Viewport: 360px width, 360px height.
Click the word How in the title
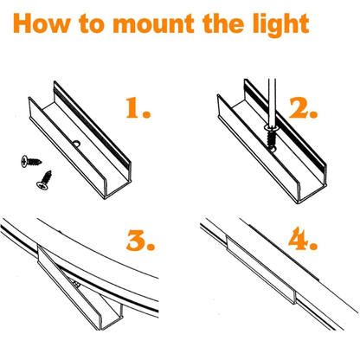(x=42, y=23)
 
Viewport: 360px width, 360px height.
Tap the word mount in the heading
(x=153, y=23)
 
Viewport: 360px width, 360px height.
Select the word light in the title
(x=281, y=25)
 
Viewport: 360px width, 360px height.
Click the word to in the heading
(x=91, y=24)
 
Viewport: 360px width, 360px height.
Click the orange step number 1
(x=138, y=108)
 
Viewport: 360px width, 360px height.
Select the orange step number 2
(x=303, y=108)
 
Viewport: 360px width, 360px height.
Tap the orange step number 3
(x=140, y=240)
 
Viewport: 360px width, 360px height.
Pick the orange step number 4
(x=303, y=239)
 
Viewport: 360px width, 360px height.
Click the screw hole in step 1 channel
(x=76, y=143)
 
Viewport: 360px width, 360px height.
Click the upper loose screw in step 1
(x=31, y=161)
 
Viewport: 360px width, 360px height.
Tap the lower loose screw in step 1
(x=44, y=180)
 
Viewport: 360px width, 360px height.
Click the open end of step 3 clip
(x=111, y=318)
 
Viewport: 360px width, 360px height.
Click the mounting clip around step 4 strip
(x=261, y=270)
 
